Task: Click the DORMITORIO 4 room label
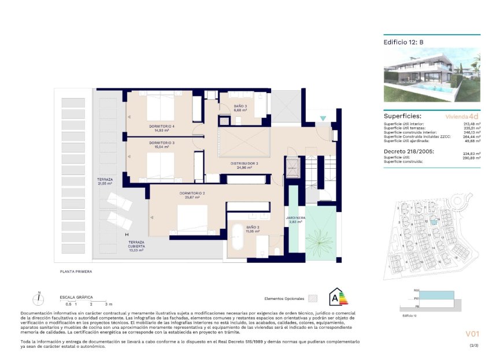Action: point(161,127)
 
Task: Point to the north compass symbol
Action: point(38,299)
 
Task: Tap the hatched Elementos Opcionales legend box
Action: point(313,298)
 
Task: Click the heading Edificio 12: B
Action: point(403,42)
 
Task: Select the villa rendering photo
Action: point(432,75)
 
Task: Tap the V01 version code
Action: point(473,334)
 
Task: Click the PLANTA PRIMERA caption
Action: point(76,270)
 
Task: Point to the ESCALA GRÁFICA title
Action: point(76,297)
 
